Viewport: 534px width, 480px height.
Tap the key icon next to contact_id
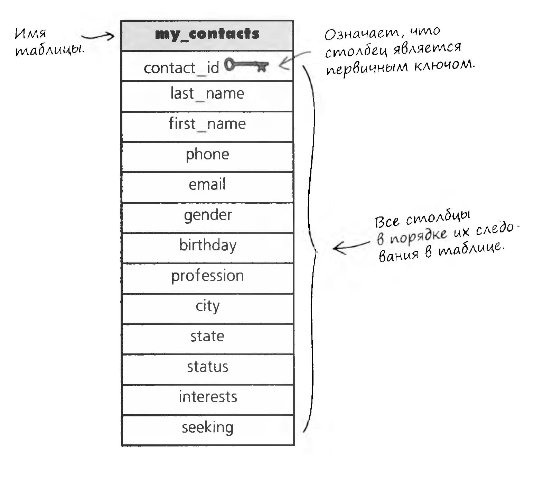tap(246, 65)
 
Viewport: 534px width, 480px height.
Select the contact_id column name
tap(181, 68)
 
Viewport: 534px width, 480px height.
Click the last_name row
tap(207, 94)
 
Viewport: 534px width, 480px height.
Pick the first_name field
tap(207, 124)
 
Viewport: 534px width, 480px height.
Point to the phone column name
tap(207, 155)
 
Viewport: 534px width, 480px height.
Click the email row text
tap(207, 184)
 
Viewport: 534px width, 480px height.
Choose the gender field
tap(208, 215)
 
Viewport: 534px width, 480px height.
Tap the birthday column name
tap(208, 246)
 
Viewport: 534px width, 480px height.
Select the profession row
tap(208, 276)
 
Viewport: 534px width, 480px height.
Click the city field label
tap(207, 306)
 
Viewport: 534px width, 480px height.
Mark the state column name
tap(207, 336)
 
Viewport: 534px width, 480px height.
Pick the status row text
tap(208, 367)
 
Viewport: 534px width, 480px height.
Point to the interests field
tap(208, 397)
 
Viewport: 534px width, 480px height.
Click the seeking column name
tap(208, 427)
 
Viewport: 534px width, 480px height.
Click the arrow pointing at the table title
tap(97, 36)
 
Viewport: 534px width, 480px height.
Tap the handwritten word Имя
tap(30, 34)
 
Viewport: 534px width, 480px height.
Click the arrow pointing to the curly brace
tap(351, 247)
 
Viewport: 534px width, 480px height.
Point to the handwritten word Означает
tap(364, 34)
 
